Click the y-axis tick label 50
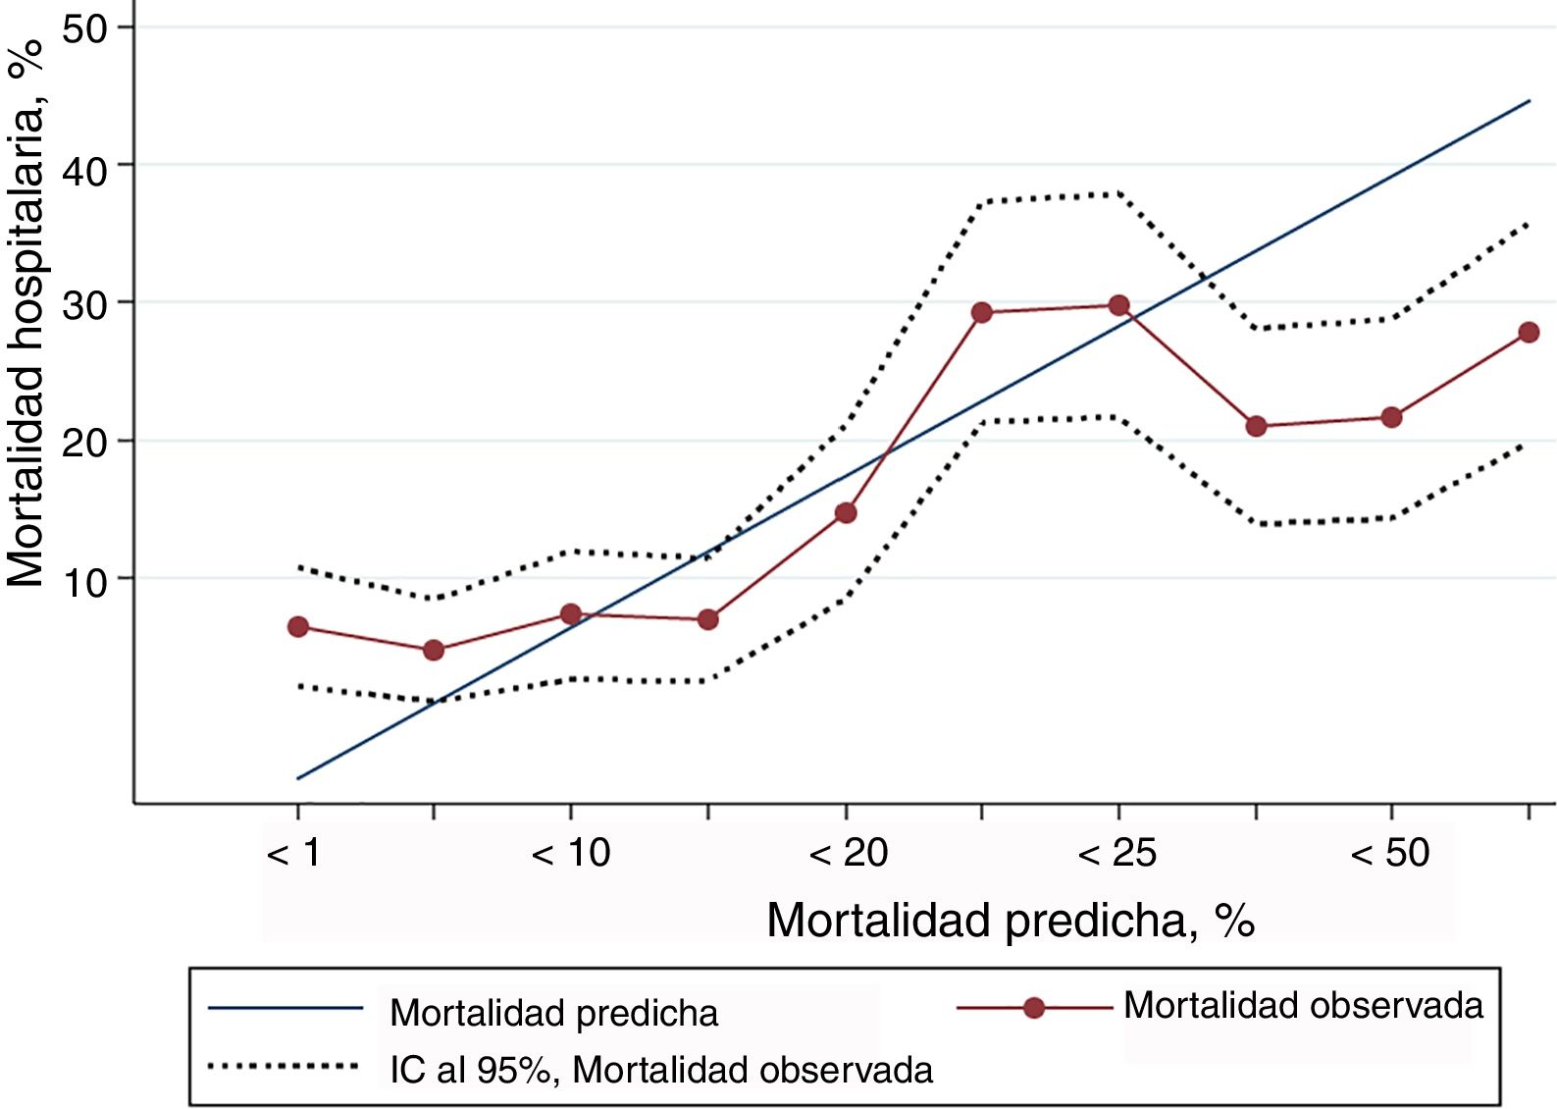84,28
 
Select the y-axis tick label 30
84,305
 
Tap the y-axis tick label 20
84,443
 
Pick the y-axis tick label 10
84,582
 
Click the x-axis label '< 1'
294,853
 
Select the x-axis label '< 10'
571,853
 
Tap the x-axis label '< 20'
848,853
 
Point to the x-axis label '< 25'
1117,853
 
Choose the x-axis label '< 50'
1390,853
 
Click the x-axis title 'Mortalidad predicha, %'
1010,921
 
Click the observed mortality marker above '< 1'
298,627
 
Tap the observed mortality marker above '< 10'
571,614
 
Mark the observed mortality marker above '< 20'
846,513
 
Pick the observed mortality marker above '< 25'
1118,305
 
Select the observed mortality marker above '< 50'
1391,417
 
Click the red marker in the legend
1033,1008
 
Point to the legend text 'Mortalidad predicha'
553,1013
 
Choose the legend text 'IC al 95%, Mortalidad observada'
660,1070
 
